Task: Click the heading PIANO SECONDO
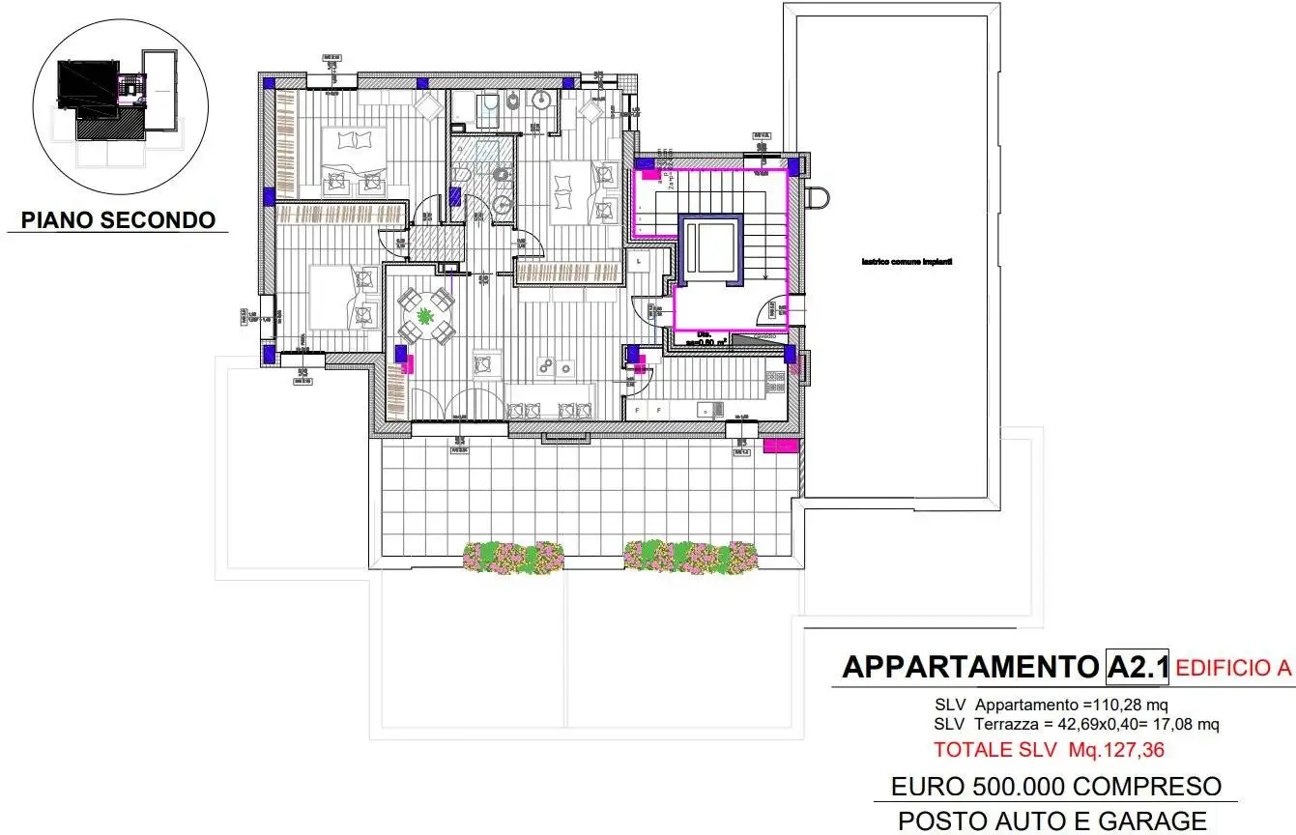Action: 118,219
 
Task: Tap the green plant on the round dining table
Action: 426,314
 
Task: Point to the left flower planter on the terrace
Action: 500,557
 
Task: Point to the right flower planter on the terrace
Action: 690,555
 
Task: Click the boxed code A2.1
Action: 1138,666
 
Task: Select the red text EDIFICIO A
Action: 1234,666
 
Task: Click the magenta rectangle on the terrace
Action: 780,446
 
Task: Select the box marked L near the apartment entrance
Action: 639,261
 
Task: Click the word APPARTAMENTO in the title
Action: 970,667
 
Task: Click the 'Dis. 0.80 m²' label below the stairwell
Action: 700,338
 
